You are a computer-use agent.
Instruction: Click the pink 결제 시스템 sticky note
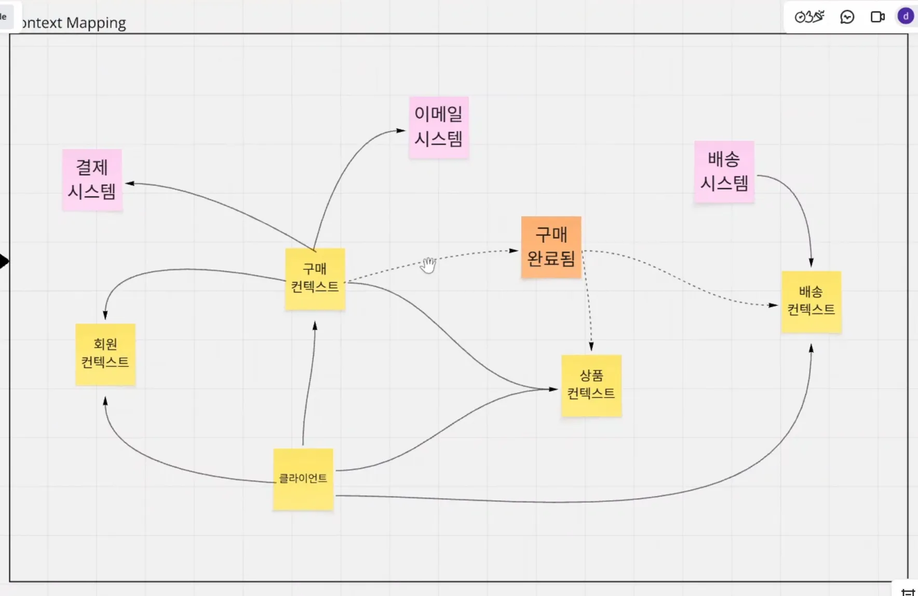pos(92,180)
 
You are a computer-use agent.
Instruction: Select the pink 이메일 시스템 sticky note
pos(439,127)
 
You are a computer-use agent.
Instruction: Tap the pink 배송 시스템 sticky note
pos(724,171)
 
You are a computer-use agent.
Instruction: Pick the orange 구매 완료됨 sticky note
pos(551,247)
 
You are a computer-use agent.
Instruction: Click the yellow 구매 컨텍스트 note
pos(315,279)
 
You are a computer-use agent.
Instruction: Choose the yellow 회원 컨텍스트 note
pos(105,354)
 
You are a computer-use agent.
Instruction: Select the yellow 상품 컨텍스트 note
pos(591,386)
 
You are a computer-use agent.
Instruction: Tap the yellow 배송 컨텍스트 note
pos(811,302)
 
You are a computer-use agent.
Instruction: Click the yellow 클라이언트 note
pos(303,479)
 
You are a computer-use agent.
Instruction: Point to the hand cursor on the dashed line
pos(428,265)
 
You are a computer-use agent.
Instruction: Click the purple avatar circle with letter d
pos(906,17)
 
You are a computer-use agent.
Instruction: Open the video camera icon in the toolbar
pos(877,17)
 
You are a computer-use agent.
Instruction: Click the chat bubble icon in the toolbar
pos(847,17)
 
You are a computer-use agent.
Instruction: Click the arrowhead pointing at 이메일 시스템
pos(401,130)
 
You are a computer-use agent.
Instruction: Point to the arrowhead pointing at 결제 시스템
pos(130,183)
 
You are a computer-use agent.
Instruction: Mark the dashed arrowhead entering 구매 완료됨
pos(514,250)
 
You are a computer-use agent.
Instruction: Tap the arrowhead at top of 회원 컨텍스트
pos(105,315)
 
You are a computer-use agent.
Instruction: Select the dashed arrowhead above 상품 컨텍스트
pos(591,347)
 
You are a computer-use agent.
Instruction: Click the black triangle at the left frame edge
pos(4,261)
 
